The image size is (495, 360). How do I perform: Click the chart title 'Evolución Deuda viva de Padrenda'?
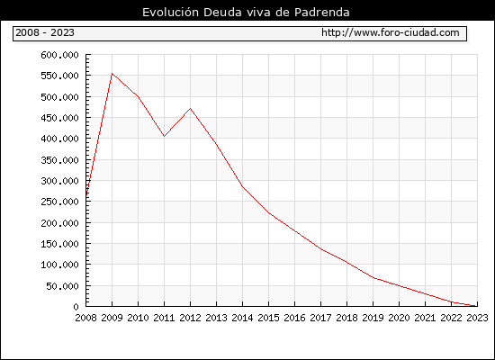point(246,13)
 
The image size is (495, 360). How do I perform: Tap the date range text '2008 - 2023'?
point(45,32)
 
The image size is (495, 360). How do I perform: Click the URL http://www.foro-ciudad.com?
point(391,32)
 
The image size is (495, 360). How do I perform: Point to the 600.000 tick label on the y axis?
point(59,55)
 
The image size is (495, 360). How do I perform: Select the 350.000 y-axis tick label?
point(59,160)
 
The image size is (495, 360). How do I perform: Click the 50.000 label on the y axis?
point(62,286)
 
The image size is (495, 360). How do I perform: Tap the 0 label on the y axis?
point(76,307)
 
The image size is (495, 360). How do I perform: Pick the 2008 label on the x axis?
point(85,318)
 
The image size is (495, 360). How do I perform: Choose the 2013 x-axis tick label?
point(216,318)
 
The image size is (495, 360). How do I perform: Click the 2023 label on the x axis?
point(477,318)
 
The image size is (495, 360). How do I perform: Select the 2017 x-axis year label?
point(320,318)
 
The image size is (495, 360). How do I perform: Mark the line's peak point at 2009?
point(112,74)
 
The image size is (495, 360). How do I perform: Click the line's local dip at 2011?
point(164,137)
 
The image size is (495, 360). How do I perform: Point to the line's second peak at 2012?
point(191,108)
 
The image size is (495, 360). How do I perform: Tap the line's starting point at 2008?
point(86,196)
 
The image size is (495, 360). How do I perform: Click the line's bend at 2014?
point(242,186)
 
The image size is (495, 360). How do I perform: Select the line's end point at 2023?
point(477,306)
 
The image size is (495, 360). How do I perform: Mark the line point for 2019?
point(373,277)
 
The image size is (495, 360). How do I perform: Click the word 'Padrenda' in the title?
point(322,13)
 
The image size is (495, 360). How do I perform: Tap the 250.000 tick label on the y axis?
point(59,202)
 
